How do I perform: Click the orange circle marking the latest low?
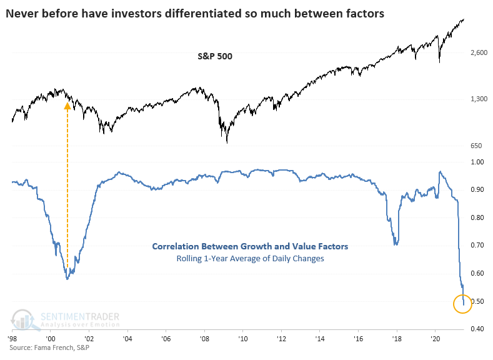[x=463, y=303]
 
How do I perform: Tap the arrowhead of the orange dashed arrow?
[x=67, y=106]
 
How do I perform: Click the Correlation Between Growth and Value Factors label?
[x=250, y=247]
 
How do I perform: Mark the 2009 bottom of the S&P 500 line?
[x=227, y=142]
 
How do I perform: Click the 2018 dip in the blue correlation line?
[x=396, y=243]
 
